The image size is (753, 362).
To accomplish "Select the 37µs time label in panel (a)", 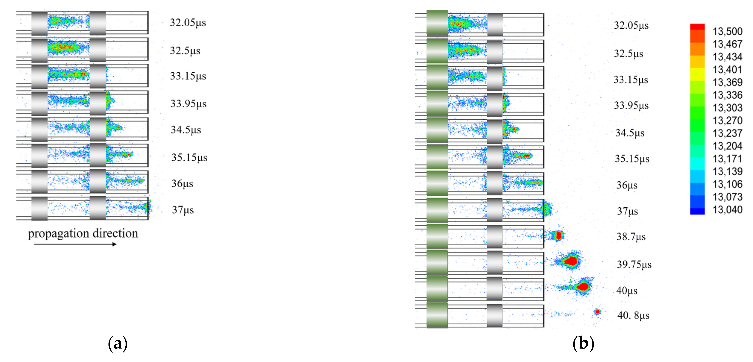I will pos(183,210).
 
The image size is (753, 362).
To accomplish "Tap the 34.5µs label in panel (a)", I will pos(186,130).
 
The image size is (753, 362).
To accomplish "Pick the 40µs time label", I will pos(627,290).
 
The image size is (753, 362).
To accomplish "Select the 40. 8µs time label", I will pos(633,315).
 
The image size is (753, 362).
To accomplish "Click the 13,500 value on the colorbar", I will pos(727,31).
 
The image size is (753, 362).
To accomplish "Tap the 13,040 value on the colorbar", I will pos(727,210).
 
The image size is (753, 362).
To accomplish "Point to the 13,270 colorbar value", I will pos(727,120).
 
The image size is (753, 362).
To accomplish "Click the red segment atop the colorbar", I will pos(697,27).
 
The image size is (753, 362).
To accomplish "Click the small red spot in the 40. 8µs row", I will pos(597,312).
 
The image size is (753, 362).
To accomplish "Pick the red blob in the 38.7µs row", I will pos(558,235).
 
